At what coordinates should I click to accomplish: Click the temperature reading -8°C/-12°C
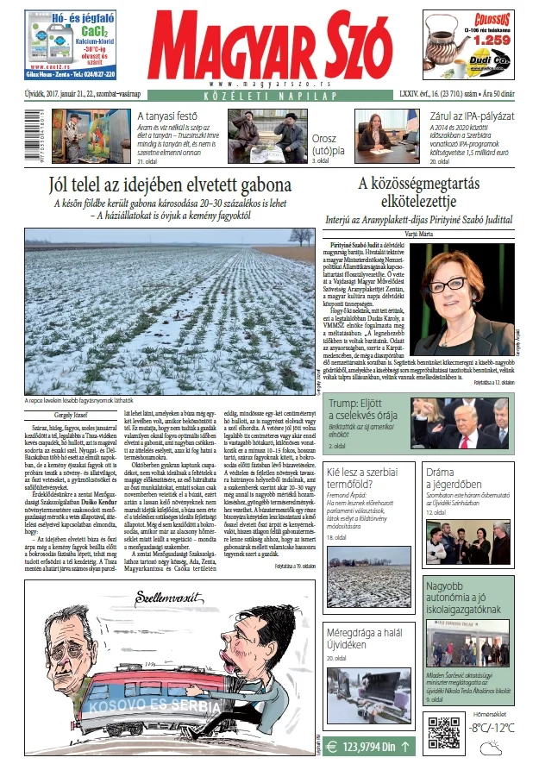tap(492, 727)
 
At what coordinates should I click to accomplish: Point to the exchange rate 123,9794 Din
tap(367, 747)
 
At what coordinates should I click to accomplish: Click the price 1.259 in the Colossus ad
tap(489, 40)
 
